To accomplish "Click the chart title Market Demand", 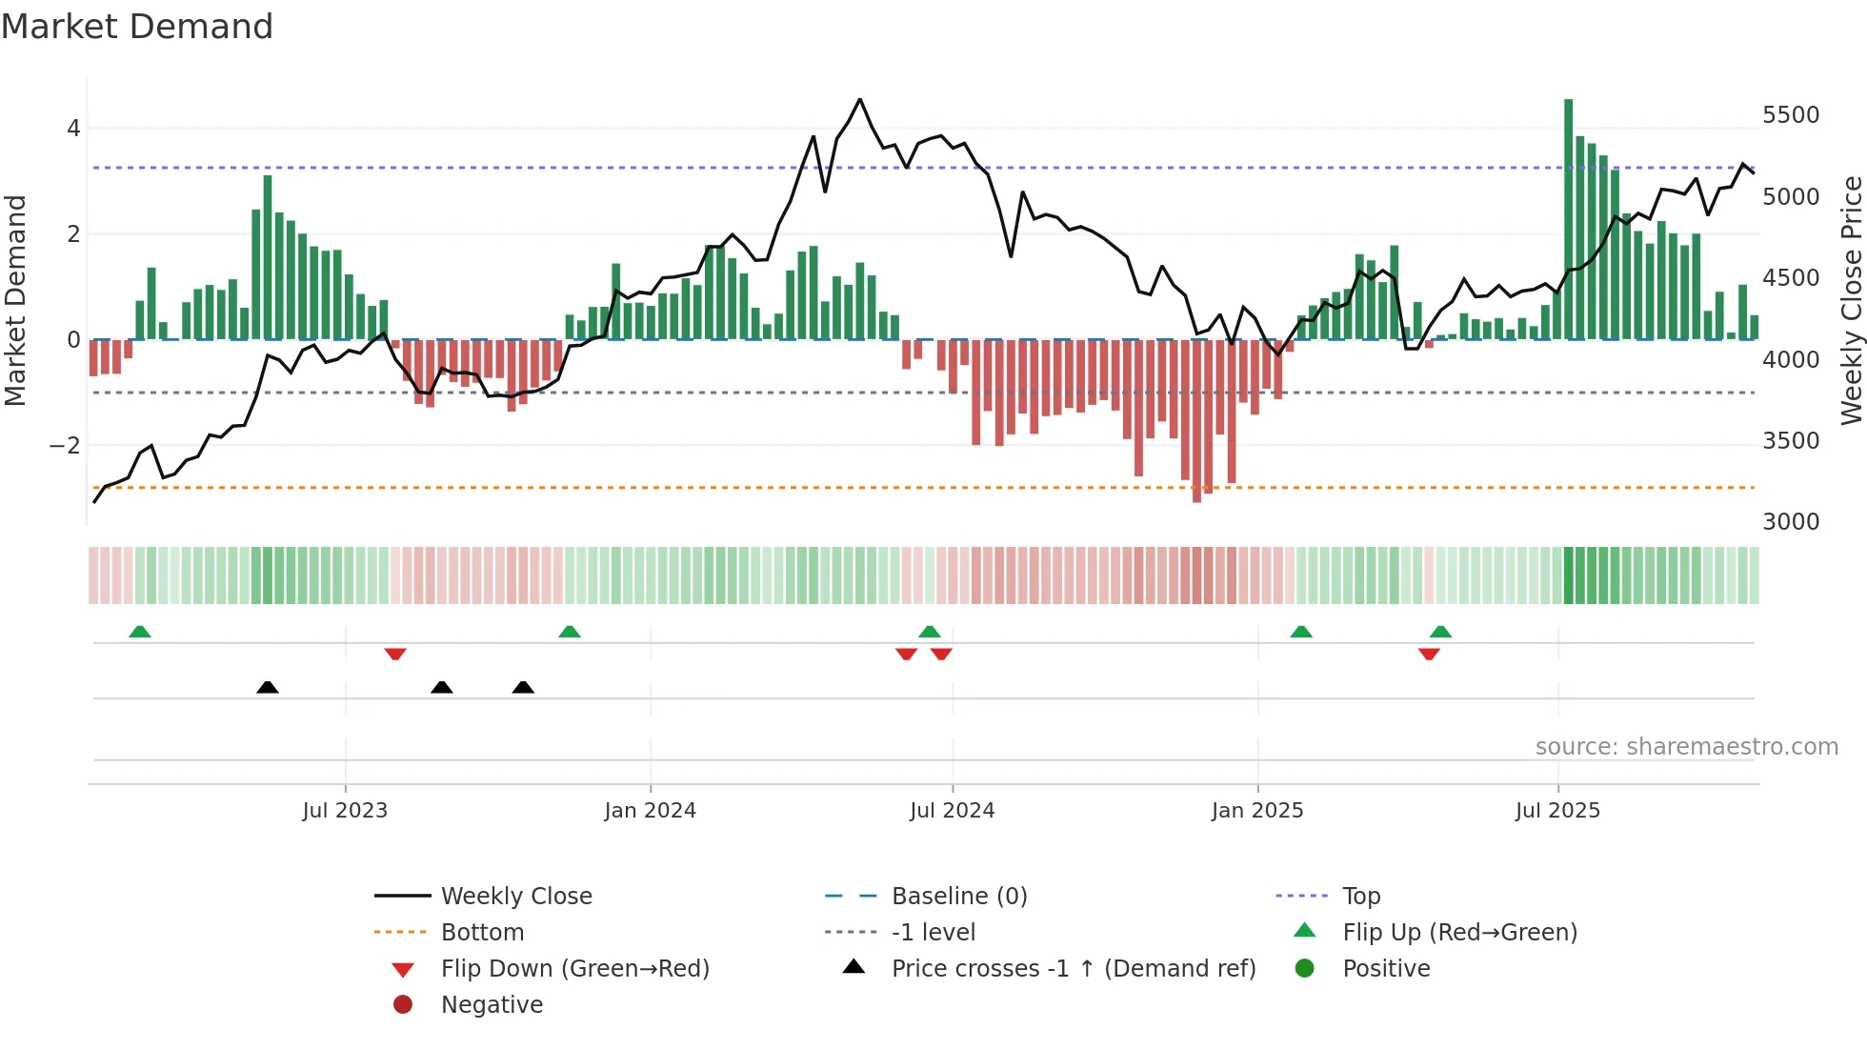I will (137, 27).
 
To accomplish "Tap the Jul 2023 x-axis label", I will (345, 811).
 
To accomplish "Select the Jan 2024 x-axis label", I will (650, 811).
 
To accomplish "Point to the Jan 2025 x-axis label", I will (1256, 811).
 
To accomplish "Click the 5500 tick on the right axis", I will (1790, 115).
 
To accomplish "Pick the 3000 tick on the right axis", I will (1790, 522).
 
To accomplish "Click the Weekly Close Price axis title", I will (1851, 300).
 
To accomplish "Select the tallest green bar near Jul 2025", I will (1568, 219).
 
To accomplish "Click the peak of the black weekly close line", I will (859, 99).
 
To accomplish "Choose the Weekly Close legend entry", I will (515, 897).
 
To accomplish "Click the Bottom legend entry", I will (482, 933).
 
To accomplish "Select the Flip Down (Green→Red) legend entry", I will (574, 969).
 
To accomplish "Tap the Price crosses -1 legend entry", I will (1073, 969).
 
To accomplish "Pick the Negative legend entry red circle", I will (403, 1005).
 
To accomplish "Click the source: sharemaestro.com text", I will (1686, 747).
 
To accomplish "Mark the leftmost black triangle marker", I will (268, 687).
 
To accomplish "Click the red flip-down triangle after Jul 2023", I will (395, 654).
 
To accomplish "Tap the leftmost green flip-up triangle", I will (140, 632).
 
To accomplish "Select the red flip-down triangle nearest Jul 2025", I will (1429, 654).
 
